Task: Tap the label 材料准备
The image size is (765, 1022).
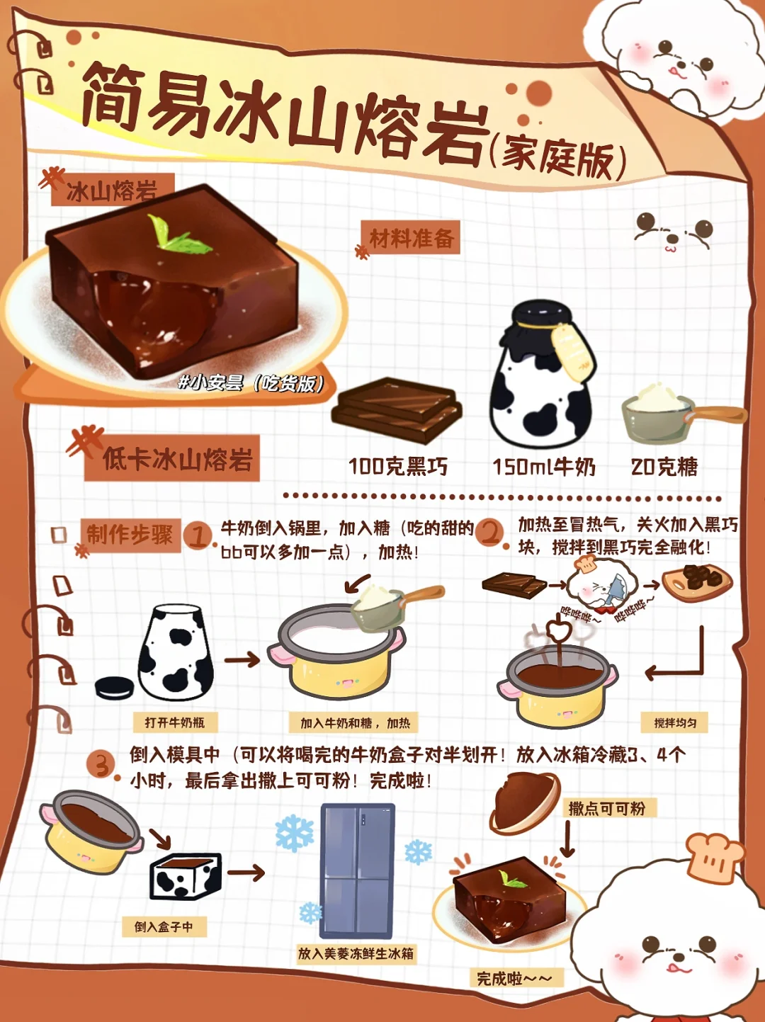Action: pyautogui.click(x=411, y=239)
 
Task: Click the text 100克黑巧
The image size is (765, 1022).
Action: pyautogui.click(x=399, y=466)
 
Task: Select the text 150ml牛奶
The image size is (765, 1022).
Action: pyautogui.click(x=544, y=467)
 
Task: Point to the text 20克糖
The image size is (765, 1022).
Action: pyautogui.click(x=664, y=466)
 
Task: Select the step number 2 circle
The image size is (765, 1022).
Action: pyautogui.click(x=492, y=533)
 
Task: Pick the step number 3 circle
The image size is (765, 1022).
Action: pyautogui.click(x=103, y=764)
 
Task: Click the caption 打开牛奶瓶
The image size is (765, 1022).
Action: pyautogui.click(x=175, y=722)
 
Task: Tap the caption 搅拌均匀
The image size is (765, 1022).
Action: pyautogui.click(x=675, y=722)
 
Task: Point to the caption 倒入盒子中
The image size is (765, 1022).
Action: pyautogui.click(x=164, y=926)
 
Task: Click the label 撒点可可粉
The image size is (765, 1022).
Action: pyautogui.click(x=607, y=809)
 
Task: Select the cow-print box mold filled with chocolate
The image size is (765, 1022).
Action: pyautogui.click(x=186, y=875)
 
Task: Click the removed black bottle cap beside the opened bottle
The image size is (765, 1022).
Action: pyautogui.click(x=115, y=688)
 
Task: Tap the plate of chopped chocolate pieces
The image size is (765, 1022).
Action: pyautogui.click(x=697, y=582)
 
